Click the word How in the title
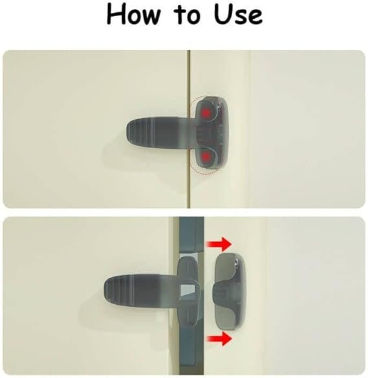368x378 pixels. click(x=133, y=14)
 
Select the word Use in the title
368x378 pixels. click(x=238, y=14)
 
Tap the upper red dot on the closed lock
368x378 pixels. click(x=206, y=113)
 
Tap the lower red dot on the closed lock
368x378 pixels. click(x=206, y=157)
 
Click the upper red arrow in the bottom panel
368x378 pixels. click(x=219, y=244)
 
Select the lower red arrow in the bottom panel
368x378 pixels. click(x=219, y=339)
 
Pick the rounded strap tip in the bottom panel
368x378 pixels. click(x=109, y=289)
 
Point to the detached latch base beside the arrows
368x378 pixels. click(x=229, y=291)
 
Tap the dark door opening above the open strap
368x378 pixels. click(x=191, y=235)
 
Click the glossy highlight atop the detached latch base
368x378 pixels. click(x=237, y=262)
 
